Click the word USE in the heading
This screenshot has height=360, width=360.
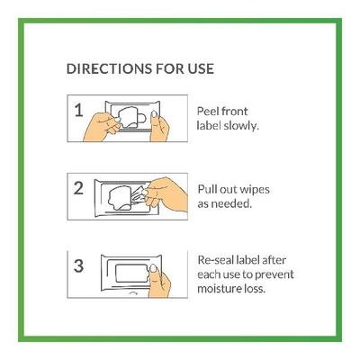coord(201,68)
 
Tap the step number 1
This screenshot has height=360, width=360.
coord(78,110)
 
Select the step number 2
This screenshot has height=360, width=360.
coord(78,188)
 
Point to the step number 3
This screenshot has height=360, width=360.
coord(78,265)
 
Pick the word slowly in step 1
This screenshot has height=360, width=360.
coord(241,126)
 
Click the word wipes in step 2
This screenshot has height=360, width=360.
coord(255,190)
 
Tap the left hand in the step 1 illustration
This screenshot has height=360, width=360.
coord(102,127)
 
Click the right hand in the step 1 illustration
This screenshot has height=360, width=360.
coord(159,128)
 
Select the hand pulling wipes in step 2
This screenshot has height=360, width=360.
coord(166,193)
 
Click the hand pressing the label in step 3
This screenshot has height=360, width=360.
coord(159,282)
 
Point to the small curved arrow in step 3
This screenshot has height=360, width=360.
coord(133,293)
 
